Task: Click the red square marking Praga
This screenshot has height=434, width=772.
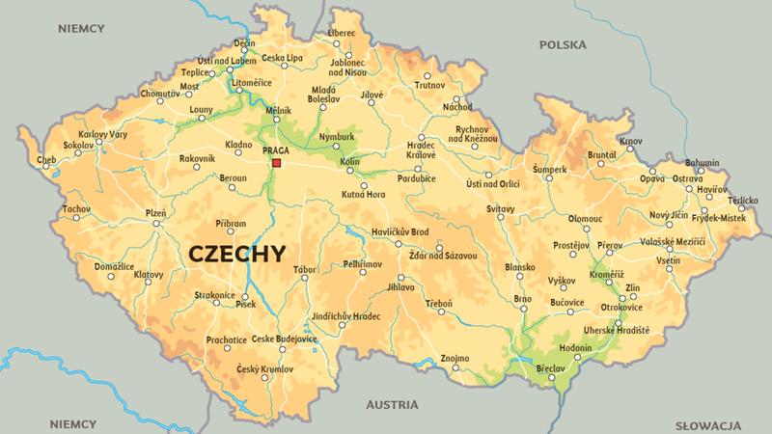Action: pyautogui.click(x=276, y=164)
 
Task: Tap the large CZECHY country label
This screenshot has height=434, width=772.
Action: pyautogui.click(x=235, y=254)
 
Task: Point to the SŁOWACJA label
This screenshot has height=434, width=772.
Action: pyautogui.click(x=707, y=424)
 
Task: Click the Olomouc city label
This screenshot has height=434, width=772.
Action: pyautogui.click(x=586, y=219)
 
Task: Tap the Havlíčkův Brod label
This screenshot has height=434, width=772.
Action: pyautogui.click(x=400, y=231)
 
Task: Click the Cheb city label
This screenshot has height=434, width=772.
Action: pyautogui.click(x=46, y=160)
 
